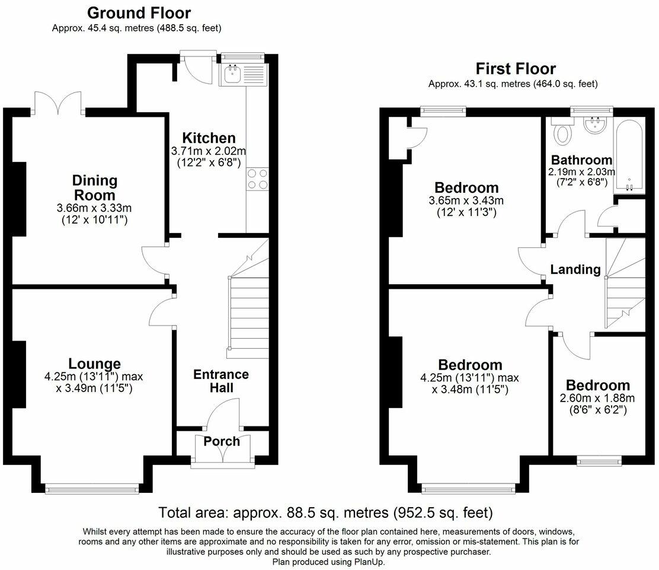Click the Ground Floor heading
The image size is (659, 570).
coord(139,13)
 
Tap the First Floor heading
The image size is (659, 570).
coord(515,69)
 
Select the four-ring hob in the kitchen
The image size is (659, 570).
coord(257,179)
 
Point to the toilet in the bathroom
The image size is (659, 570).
coord(562,130)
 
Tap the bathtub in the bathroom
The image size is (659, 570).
coord(629,155)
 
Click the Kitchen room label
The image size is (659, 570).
coord(209,138)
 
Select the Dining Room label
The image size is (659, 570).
coord(95,187)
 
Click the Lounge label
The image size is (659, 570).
coord(95,364)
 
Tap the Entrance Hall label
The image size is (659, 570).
coord(221,381)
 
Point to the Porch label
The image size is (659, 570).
coord(222,441)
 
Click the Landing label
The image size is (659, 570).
coord(575,270)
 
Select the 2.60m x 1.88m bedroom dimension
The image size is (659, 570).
coord(597,398)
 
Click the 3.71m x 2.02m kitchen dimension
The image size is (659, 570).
coord(209,151)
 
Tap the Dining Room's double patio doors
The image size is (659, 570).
coord(59,103)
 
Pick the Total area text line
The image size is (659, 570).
coord(326,513)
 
